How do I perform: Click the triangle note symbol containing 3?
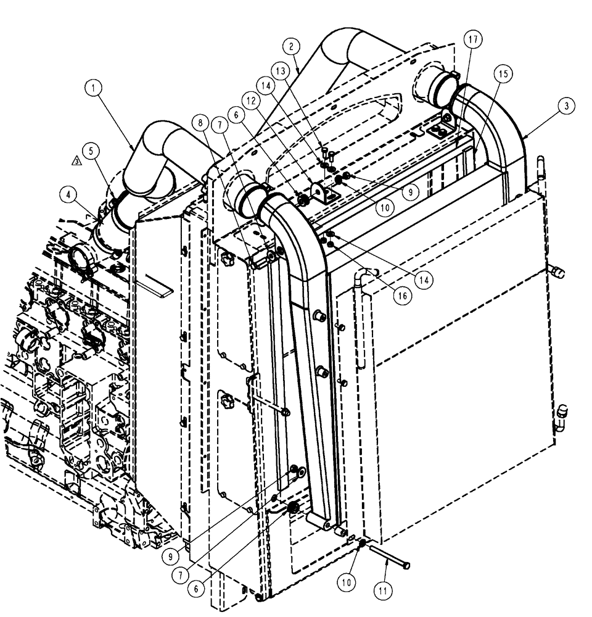76,161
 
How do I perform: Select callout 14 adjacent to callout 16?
424,279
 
